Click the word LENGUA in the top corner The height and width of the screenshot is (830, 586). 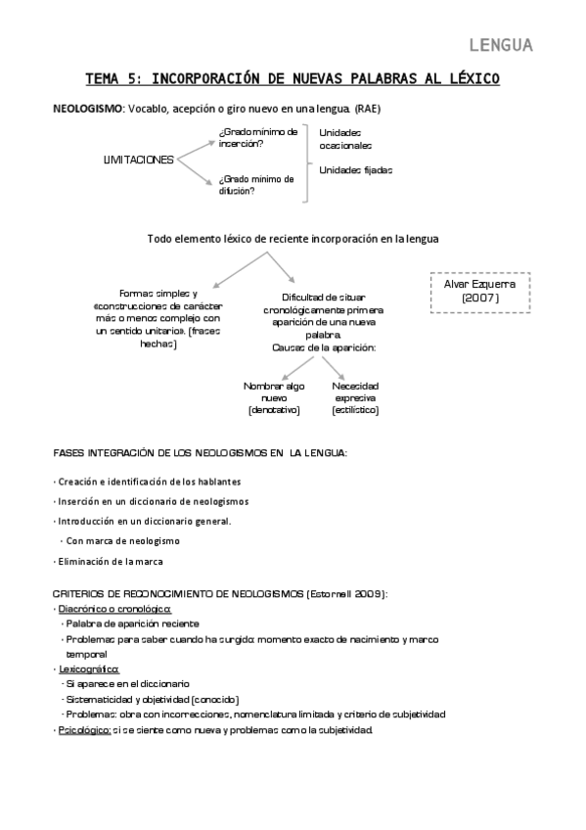[500, 45]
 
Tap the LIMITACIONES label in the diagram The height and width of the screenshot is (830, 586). [138, 160]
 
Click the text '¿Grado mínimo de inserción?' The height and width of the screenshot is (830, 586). [258, 137]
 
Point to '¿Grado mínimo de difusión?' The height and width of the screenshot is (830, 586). [256, 185]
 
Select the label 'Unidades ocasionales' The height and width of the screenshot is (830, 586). [345, 138]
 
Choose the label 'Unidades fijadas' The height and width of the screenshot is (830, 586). [355, 169]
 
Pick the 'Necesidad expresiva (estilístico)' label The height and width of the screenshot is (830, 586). [354, 397]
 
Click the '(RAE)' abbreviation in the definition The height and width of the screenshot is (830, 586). [368, 108]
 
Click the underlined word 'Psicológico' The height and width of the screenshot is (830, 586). [84, 730]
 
